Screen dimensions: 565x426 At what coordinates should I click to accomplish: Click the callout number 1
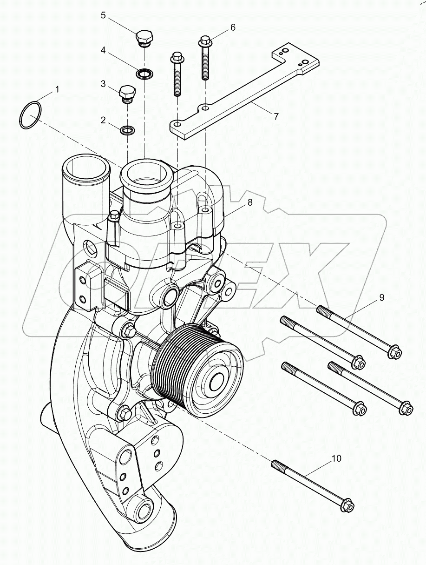(x=57, y=88)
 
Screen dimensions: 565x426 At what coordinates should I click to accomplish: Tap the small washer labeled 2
(x=127, y=130)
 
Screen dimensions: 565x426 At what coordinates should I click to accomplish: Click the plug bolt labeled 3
(x=127, y=93)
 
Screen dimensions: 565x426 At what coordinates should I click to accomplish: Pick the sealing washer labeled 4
(x=144, y=73)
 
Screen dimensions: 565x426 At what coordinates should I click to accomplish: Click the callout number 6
(x=232, y=27)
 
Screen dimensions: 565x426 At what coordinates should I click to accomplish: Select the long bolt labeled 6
(x=205, y=58)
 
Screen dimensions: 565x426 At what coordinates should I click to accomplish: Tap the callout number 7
(x=276, y=116)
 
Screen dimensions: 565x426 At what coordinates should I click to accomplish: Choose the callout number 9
(x=381, y=297)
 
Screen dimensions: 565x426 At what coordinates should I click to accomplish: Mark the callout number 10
(x=336, y=458)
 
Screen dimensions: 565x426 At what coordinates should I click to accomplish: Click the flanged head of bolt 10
(x=348, y=505)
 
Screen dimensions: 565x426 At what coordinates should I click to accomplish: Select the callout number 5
(x=104, y=15)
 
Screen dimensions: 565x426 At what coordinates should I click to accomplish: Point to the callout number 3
(x=103, y=84)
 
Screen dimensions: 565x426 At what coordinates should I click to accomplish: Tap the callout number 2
(x=103, y=121)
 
